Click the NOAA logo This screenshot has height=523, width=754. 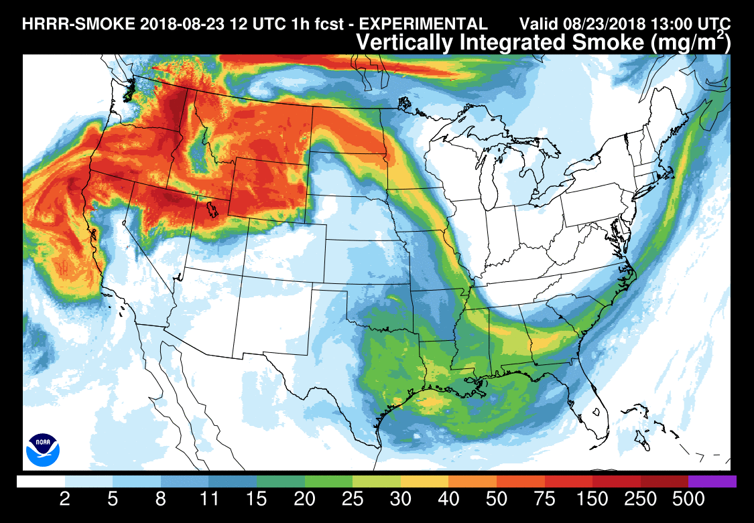point(43,449)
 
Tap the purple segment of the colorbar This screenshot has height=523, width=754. point(712,481)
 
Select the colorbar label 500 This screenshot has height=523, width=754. point(688,500)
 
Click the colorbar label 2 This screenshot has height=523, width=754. point(65,500)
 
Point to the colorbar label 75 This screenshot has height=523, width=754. point(545,500)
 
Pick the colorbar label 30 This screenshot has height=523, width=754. point(401,500)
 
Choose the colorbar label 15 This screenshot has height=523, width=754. point(257,500)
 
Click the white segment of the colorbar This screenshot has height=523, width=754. point(41,481)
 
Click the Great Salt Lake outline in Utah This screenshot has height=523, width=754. point(212,210)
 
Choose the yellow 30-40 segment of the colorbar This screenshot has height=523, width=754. point(424,481)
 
